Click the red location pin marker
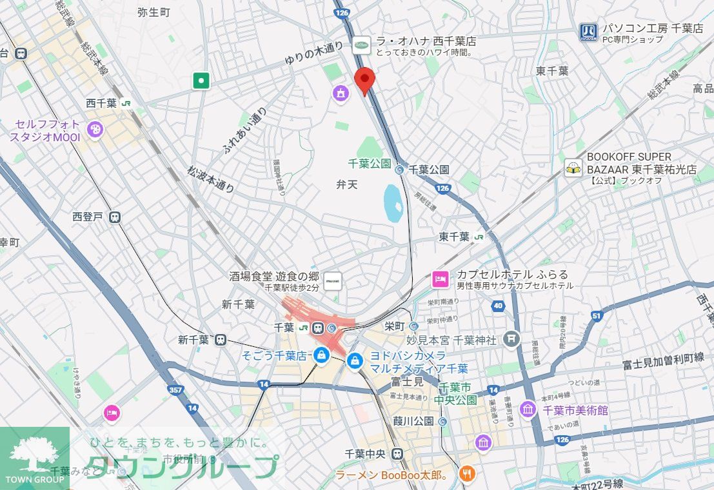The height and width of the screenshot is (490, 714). pyautogui.click(x=365, y=81)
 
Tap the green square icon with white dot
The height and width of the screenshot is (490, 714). pyautogui.click(x=202, y=81)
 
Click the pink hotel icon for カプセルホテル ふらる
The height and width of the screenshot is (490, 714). pyautogui.click(x=440, y=279)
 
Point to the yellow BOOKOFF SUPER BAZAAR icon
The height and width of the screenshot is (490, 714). pyautogui.click(x=572, y=168)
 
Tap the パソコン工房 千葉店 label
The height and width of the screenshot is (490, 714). pyautogui.click(x=652, y=28)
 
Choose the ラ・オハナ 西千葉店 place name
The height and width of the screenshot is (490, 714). pyautogui.click(x=426, y=41)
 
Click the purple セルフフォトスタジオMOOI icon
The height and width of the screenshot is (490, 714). pyautogui.click(x=95, y=130)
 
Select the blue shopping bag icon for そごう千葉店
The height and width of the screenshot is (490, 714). pyautogui.click(x=321, y=355)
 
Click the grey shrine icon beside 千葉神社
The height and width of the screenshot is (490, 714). pyautogui.click(x=511, y=339)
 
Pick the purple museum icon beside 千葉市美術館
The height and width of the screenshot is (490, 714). pyautogui.click(x=528, y=409)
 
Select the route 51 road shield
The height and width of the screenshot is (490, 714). pyautogui.click(x=595, y=315)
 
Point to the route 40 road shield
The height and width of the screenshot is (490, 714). pyautogui.click(x=497, y=306)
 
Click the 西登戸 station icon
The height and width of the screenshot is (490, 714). pyautogui.click(x=115, y=217)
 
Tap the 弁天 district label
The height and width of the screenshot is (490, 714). pyautogui.click(x=346, y=184)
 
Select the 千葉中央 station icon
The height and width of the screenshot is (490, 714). pyautogui.click(x=398, y=453)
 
